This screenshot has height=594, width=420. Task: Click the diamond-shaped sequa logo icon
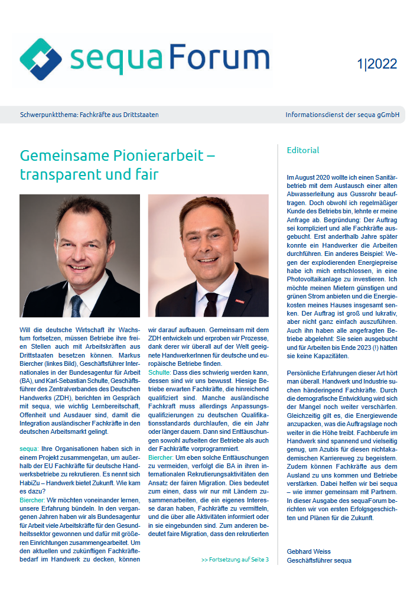click(x=41, y=60)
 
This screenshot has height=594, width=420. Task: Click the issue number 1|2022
click(x=377, y=64)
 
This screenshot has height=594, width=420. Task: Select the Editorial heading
click(x=302, y=150)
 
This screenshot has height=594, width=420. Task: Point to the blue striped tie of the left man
click(x=76, y=306)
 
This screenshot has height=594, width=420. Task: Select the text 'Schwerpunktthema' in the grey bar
click(x=47, y=115)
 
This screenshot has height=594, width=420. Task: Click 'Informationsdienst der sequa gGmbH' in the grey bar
click(x=341, y=115)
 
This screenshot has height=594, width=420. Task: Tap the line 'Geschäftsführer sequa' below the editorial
click(x=319, y=560)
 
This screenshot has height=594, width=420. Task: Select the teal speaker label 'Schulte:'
click(x=159, y=374)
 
